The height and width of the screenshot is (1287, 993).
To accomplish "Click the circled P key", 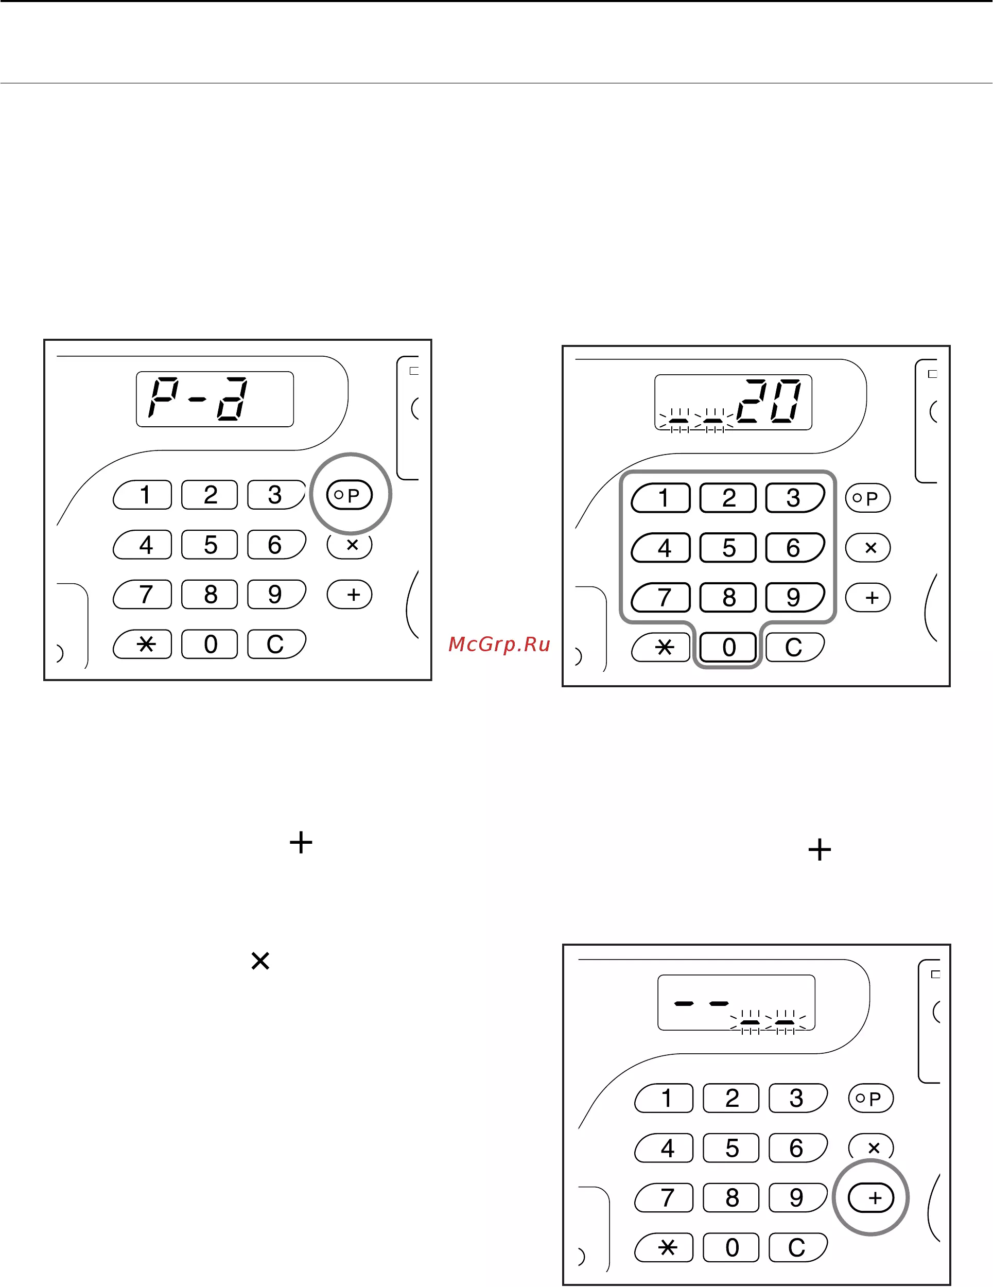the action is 350,495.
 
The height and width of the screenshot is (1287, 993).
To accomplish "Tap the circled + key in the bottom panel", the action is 871,1198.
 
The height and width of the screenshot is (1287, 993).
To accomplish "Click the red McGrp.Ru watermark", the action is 499,644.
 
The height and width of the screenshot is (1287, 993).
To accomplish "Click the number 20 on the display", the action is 769,402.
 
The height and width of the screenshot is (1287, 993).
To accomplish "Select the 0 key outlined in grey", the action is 728,648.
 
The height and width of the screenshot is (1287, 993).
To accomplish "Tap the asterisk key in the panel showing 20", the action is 660,648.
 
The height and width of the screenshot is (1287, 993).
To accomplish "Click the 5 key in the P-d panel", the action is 210,545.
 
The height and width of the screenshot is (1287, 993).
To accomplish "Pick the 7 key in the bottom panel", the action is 664,1198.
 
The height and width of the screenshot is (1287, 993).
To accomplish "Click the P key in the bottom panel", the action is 871,1099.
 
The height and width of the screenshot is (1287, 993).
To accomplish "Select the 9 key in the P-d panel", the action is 276,595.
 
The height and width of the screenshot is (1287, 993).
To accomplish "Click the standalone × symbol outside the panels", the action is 260,961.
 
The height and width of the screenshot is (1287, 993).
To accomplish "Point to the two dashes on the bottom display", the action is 701,1003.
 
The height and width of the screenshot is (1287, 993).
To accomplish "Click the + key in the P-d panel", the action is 350,595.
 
